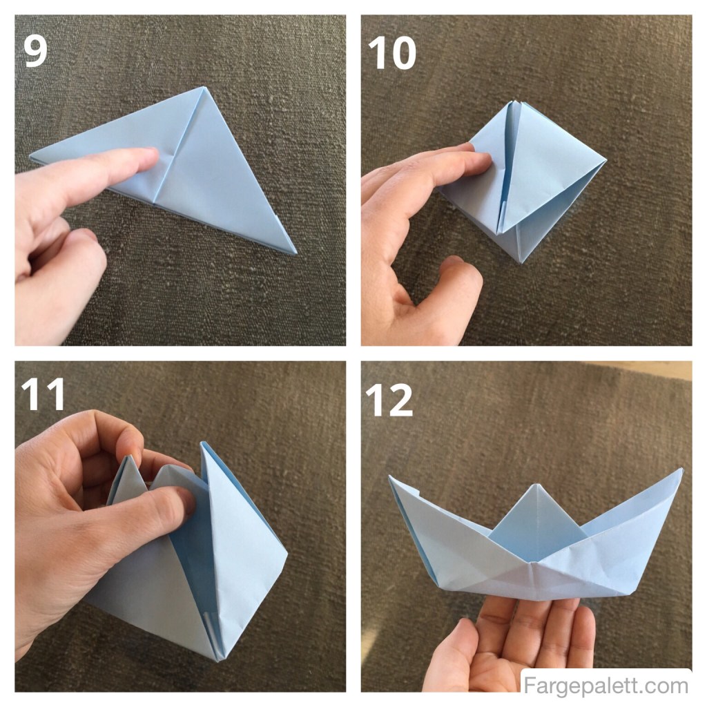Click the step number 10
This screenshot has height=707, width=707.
(392, 53)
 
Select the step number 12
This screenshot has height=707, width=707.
(389, 400)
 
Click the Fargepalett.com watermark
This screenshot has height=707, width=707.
(606, 686)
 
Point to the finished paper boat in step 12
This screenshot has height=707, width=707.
(536, 545)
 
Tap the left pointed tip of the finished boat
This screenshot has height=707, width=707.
(390, 476)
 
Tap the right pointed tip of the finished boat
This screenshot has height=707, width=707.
(681, 470)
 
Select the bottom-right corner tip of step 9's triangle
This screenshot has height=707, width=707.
(295, 252)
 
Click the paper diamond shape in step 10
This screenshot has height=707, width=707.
(532, 180)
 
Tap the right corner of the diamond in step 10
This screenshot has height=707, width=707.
(605, 162)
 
